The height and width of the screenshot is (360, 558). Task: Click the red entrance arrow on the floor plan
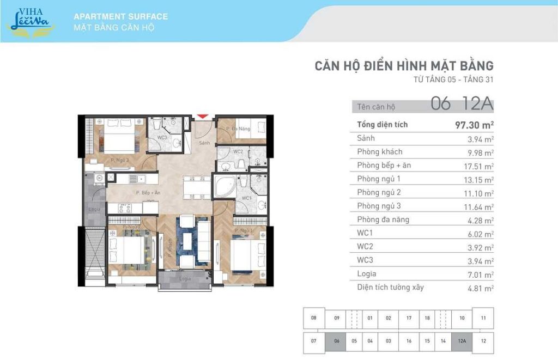(x=202, y=117)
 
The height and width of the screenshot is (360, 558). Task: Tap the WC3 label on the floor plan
(x=162, y=138)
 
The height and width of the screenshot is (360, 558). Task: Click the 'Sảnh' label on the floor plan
(x=204, y=143)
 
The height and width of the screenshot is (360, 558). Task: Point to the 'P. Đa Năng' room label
(x=238, y=129)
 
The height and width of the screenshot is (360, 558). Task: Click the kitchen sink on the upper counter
(x=141, y=178)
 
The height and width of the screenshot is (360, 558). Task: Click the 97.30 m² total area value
(x=474, y=125)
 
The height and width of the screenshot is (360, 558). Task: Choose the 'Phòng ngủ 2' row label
(x=379, y=192)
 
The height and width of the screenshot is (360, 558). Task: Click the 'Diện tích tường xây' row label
(x=390, y=287)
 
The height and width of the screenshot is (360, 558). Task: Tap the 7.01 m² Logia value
(x=481, y=274)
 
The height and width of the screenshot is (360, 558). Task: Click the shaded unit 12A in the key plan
(x=462, y=341)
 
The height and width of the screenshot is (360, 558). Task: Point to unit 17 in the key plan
(x=409, y=318)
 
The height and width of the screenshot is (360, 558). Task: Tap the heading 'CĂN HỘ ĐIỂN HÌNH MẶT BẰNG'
(x=404, y=66)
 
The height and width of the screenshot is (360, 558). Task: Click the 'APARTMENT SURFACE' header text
(x=120, y=16)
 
